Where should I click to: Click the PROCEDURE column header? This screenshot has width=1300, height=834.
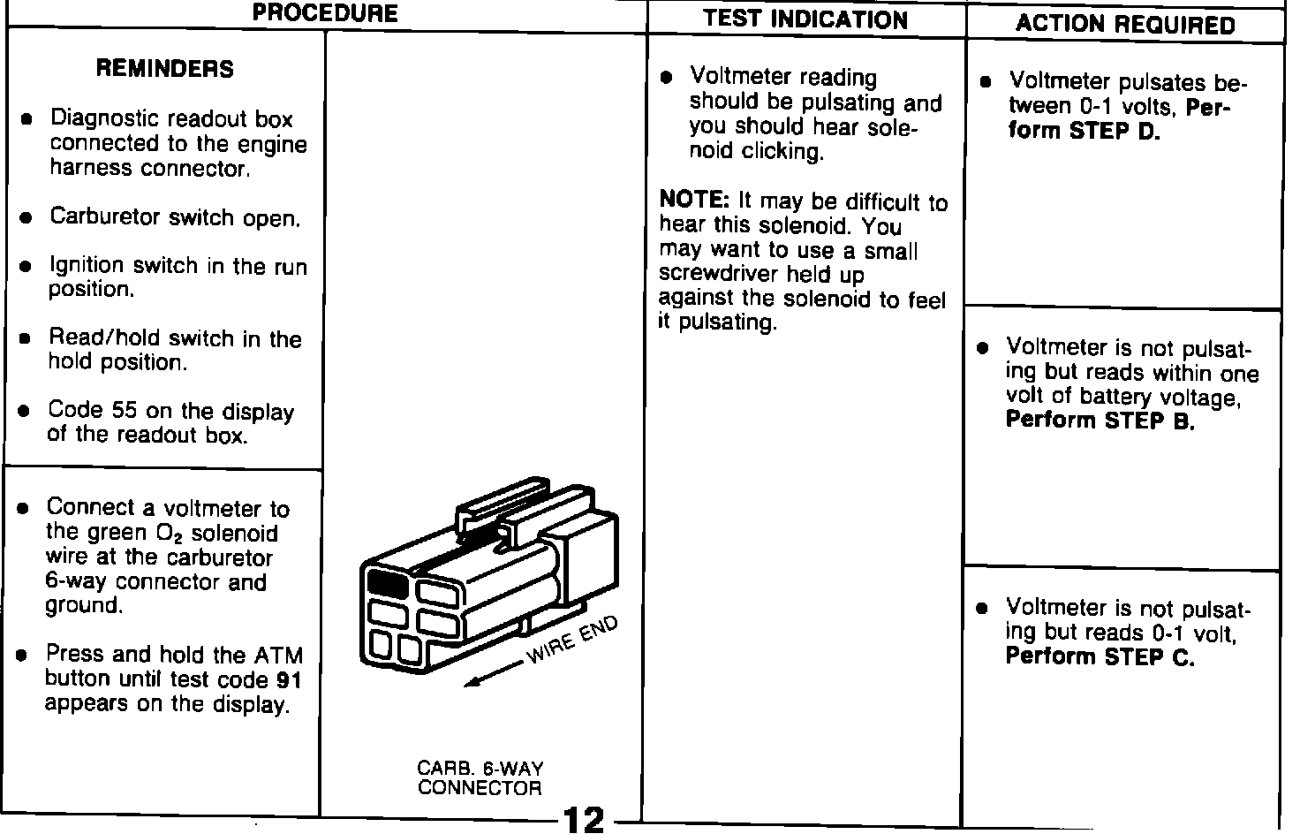point(325,14)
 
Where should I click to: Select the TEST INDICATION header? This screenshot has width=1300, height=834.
point(805,20)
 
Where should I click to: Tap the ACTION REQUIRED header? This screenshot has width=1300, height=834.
point(1125,25)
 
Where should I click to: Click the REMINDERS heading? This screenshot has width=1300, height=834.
point(165,69)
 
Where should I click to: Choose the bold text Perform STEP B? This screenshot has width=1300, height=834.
point(1100,421)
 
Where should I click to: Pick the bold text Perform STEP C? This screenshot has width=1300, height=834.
point(1100,657)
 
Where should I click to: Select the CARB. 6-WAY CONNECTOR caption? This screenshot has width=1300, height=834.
point(480,778)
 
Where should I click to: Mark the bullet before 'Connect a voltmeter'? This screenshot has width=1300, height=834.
point(25,509)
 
